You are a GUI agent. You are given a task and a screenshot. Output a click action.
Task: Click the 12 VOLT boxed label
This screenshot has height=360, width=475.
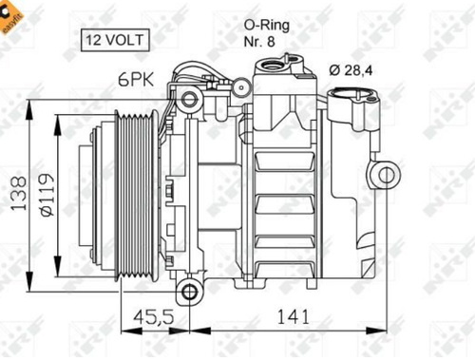(115, 40)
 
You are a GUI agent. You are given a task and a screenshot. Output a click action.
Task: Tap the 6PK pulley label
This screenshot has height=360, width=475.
(136, 79)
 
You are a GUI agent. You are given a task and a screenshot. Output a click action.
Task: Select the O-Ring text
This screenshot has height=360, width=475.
(266, 26)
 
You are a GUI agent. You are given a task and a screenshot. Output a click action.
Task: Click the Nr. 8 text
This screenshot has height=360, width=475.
(259, 42)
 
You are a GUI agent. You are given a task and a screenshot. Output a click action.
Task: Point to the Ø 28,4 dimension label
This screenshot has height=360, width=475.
(351, 70)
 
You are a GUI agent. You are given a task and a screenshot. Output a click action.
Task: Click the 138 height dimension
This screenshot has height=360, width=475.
(18, 193)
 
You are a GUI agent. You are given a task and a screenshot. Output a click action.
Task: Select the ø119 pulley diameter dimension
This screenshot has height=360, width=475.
(47, 195)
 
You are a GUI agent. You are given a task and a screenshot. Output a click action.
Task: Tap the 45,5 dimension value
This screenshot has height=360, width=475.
(154, 316)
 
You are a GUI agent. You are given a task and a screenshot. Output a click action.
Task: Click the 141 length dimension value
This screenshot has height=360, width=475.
(293, 316)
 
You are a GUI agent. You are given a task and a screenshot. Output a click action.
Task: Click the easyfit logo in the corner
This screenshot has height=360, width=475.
(10, 17)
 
